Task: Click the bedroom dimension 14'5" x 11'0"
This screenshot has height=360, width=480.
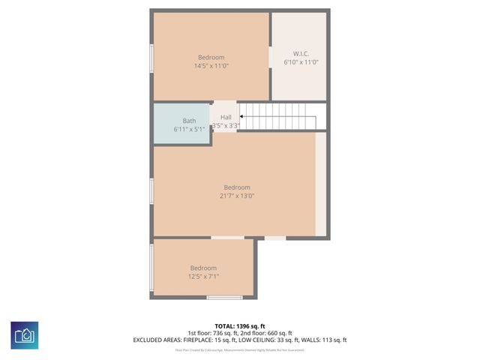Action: (x=211, y=66)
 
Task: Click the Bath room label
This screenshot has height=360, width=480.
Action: (x=189, y=121)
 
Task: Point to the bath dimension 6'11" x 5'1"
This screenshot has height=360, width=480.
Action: (x=189, y=129)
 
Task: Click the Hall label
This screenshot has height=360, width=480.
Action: (x=226, y=117)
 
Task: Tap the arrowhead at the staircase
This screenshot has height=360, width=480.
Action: (x=241, y=116)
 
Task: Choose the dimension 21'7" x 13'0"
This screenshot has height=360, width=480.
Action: (x=236, y=196)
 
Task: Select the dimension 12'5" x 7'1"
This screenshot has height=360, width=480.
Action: (x=203, y=277)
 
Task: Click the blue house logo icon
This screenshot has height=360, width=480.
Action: (x=25, y=334)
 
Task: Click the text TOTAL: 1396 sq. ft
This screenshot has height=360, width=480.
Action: (x=239, y=326)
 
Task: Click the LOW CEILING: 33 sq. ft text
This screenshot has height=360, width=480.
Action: (x=267, y=340)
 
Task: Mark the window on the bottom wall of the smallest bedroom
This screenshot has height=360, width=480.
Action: (x=225, y=298)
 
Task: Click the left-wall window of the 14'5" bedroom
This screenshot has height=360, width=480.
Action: (x=151, y=57)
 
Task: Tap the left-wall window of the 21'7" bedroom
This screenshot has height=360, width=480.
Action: (x=151, y=190)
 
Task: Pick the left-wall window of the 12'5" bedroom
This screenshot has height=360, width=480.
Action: (x=151, y=267)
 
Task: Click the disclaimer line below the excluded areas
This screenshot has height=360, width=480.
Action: (x=239, y=349)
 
